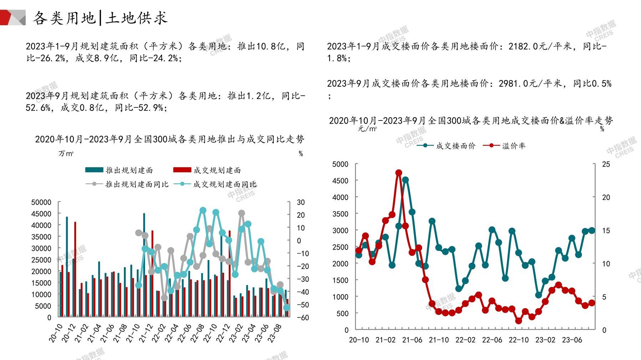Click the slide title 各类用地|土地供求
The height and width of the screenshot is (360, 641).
(100, 18)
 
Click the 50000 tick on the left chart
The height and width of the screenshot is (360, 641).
(41, 202)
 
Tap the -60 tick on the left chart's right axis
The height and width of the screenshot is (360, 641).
(302, 318)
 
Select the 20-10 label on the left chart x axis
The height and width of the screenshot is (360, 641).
(56, 334)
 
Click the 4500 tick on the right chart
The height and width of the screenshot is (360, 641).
(340, 181)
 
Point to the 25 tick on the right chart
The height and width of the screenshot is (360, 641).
(606, 164)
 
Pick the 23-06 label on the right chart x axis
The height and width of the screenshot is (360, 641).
(572, 340)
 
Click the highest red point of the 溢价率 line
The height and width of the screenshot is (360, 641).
(399, 173)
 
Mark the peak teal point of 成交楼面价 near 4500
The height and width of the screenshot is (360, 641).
(405, 180)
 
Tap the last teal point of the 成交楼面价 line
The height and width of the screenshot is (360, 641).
(592, 231)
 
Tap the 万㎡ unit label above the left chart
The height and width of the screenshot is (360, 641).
(66, 154)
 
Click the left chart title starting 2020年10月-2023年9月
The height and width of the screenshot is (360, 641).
(169, 139)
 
